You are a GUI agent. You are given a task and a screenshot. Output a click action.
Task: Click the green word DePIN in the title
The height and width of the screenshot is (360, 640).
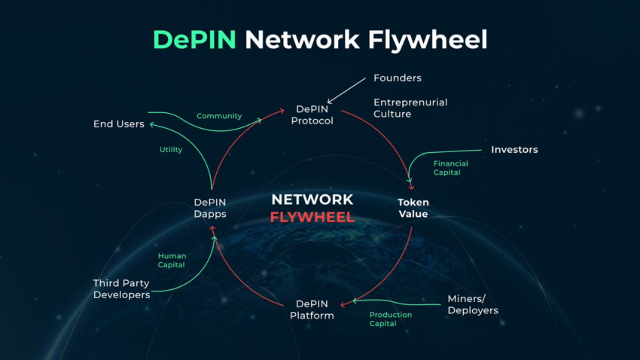click(194, 40)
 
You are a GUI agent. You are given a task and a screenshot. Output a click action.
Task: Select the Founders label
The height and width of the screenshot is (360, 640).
click(397, 78)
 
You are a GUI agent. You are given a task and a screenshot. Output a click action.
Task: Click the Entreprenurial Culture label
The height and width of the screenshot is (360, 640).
click(410, 108)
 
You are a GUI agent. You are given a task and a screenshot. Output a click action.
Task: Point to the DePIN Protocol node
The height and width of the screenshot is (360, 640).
click(312, 115)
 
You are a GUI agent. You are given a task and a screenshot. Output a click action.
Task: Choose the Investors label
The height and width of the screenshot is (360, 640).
click(514, 150)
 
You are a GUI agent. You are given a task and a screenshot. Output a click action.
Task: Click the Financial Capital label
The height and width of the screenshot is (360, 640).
click(450, 168)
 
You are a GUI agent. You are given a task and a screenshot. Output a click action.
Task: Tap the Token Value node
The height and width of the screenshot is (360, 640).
click(413, 208)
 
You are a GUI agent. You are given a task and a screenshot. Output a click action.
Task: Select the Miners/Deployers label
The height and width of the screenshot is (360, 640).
click(473, 304)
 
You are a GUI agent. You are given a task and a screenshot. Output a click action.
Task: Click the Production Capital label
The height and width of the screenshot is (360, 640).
click(391, 319)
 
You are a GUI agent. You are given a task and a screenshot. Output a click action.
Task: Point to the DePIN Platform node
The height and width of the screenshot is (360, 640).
click(312, 310)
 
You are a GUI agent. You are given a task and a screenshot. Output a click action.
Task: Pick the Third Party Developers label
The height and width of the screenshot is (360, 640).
click(122, 289)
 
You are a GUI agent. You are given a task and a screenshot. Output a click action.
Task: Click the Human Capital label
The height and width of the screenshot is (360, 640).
click(172, 261)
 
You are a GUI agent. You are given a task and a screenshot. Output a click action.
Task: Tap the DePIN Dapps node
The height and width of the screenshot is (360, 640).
click(210, 208)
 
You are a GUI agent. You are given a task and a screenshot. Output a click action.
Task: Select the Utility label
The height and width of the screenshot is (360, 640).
click(171, 150)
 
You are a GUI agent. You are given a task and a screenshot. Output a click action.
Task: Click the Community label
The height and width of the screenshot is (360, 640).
click(219, 116)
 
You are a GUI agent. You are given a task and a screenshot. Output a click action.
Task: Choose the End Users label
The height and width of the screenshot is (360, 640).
click(119, 124)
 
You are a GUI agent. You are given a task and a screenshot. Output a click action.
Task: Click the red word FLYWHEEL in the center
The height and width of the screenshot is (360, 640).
click(312, 217)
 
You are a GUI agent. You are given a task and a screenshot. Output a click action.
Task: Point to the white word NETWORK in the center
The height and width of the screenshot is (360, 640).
click(312, 200)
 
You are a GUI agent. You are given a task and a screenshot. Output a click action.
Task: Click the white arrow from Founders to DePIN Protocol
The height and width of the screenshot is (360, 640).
click(346, 90)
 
